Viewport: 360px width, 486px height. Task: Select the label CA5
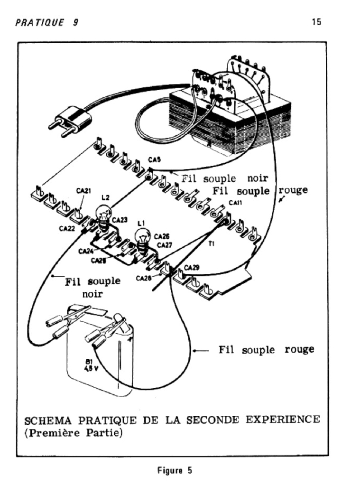(154, 160)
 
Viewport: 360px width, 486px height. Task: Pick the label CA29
(192, 268)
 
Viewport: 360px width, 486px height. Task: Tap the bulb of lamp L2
(103, 212)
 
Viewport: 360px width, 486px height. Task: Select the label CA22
(67, 228)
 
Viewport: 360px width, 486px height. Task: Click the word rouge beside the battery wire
(299, 349)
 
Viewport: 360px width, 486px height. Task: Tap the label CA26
(163, 235)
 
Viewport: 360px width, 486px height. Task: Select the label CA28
(143, 278)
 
